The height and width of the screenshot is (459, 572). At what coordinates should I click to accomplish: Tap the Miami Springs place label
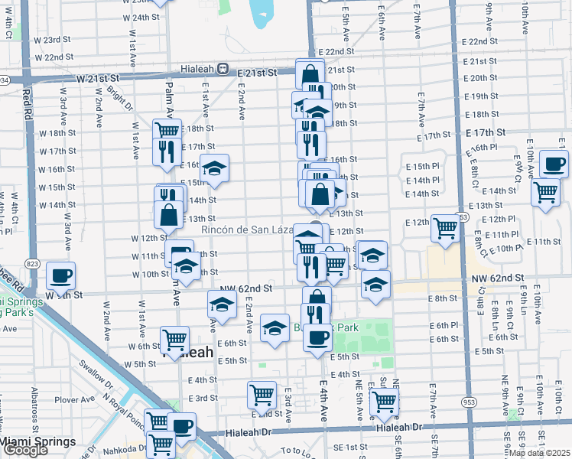click(x=37, y=442)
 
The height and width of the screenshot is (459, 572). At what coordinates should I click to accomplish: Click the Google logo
click(x=25, y=451)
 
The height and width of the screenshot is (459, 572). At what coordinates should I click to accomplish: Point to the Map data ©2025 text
click(x=540, y=453)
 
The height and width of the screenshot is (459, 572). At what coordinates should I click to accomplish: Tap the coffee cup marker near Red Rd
click(x=61, y=276)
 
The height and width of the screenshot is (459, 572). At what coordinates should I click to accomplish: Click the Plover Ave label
click(x=74, y=399)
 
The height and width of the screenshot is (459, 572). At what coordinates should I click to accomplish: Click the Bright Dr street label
click(x=116, y=99)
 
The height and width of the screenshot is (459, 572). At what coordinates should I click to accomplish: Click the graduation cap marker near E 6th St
click(x=275, y=327)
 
